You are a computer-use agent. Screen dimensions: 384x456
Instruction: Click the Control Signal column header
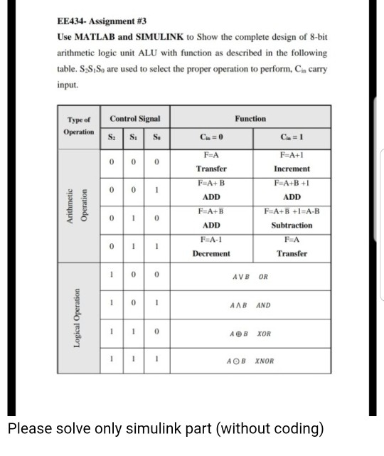point(135,119)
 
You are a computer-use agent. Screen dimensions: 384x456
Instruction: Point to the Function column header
point(250,119)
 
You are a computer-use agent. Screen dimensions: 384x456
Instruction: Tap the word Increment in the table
point(292,169)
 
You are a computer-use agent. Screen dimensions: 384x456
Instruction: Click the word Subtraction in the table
point(292,225)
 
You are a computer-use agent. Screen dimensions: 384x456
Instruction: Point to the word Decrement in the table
point(211,253)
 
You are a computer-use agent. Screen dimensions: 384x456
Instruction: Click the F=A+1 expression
point(292,155)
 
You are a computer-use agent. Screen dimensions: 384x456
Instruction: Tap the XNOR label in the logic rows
point(265,361)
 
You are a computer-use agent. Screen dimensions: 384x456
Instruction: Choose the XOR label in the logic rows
point(264,333)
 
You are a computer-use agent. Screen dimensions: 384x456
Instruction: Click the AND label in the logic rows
point(263,305)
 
